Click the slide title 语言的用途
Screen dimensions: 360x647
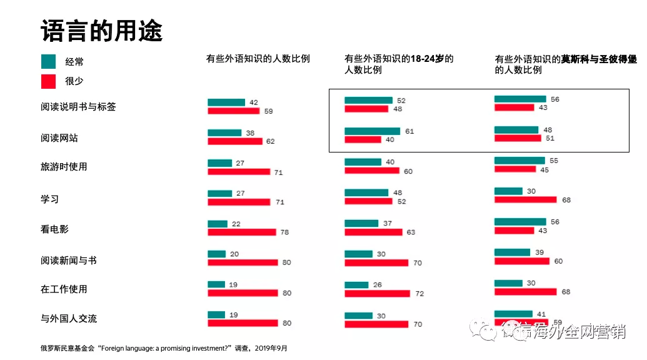[101, 30]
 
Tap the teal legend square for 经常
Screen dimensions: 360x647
[49, 61]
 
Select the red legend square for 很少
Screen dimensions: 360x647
[49, 81]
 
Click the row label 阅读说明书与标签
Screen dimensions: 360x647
[78, 107]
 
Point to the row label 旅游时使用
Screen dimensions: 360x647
[64, 167]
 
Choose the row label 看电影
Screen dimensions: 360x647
[54, 229]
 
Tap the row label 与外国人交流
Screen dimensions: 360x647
[69, 319]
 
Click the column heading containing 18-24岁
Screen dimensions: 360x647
[399, 64]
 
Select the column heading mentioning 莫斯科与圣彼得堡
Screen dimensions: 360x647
[566, 64]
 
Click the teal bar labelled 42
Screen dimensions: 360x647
[226, 102]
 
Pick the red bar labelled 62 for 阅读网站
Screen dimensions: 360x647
[235, 141]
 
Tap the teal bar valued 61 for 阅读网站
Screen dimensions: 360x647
[373, 131]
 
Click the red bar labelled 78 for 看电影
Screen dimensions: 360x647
[241, 232]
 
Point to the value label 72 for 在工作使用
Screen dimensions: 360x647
[419, 293]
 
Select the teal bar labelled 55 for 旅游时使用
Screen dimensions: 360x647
[519, 161]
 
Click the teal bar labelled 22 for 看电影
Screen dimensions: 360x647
[218, 224]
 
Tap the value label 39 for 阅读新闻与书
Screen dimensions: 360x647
[539, 252]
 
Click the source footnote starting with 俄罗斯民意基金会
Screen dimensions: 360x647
[164, 347]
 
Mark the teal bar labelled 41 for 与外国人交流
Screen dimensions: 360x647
[513, 314]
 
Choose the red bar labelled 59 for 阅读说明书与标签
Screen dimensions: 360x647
[233, 111]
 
